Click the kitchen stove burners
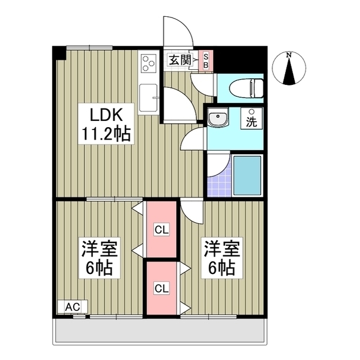tap(149, 63)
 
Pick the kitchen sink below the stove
tap(149, 97)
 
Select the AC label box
tap(73, 307)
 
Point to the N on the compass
tap(288, 55)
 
